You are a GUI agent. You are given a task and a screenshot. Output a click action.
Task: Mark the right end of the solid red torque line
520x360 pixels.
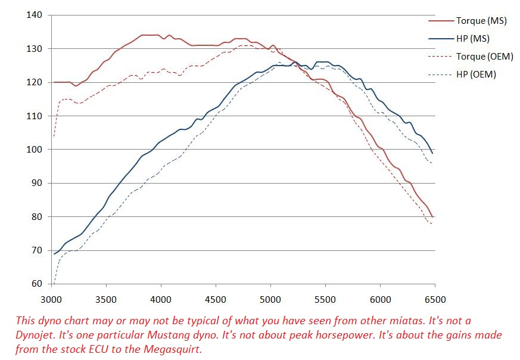pyautogui.click(x=432, y=217)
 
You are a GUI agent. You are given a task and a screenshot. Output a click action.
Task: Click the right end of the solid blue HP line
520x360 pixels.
pyautogui.click(x=432, y=153)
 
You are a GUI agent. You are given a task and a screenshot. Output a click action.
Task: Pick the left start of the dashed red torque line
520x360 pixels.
pyautogui.click(x=54, y=136)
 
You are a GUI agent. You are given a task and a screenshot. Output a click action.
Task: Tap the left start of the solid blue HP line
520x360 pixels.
pyautogui.click(x=54, y=254)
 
